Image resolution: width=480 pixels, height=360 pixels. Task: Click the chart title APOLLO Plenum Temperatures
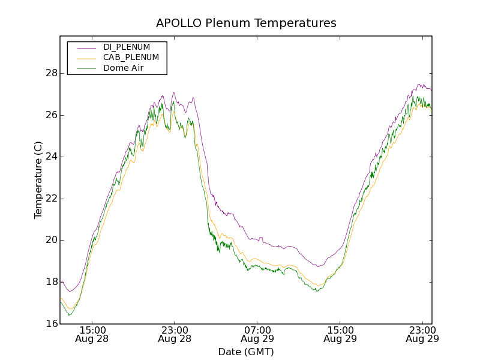pyautogui.click(x=246, y=23)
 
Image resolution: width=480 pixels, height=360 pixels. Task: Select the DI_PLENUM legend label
pyautogui.click(x=127, y=47)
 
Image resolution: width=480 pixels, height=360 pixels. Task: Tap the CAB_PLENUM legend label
pyautogui.click(x=131, y=58)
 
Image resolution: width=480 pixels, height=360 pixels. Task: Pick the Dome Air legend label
pyautogui.click(x=124, y=68)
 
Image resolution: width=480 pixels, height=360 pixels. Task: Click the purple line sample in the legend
pyautogui.click(x=85, y=47)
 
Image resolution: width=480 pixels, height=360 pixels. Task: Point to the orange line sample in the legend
pyautogui.click(x=85, y=58)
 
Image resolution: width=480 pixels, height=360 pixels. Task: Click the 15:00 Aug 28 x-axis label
pyautogui.click(x=93, y=334)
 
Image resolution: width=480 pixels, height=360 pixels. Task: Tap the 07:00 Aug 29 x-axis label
pyautogui.click(x=257, y=334)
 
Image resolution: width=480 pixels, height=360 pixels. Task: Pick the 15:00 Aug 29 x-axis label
pyautogui.click(x=340, y=334)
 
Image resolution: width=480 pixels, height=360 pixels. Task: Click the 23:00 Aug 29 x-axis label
pyautogui.click(x=422, y=334)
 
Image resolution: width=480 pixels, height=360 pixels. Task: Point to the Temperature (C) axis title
pyautogui.click(x=38, y=180)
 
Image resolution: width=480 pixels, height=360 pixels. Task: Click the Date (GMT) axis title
pyautogui.click(x=246, y=352)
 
